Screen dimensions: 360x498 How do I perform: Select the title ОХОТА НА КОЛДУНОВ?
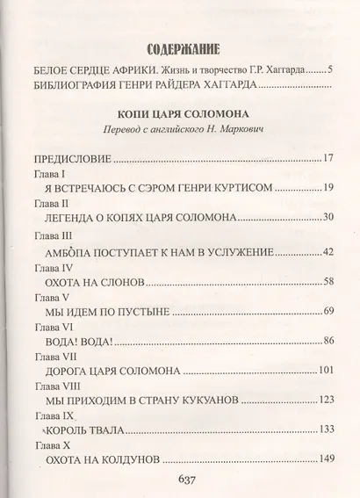point(104,458)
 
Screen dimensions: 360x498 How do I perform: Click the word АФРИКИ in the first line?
point(122,70)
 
